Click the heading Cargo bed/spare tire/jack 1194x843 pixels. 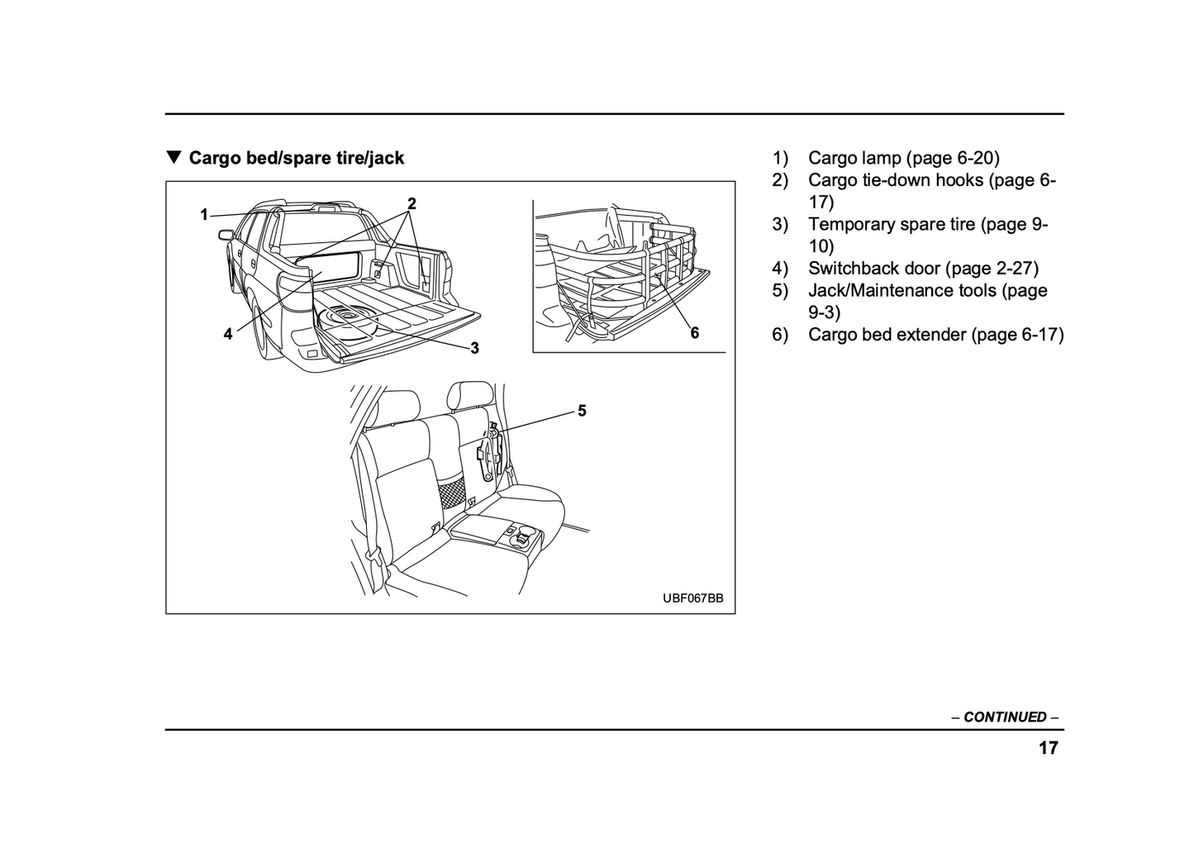pyautogui.click(x=296, y=158)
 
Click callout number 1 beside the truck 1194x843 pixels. pyautogui.click(x=204, y=215)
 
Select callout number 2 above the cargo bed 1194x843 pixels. pyautogui.click(x=411, y=203)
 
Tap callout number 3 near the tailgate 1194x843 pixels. pyautogui.click(x=474, y=349)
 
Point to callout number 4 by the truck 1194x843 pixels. pyautogui.click(x=228, y=334)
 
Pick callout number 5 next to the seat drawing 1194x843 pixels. pyautogui.click(x=582, y=411)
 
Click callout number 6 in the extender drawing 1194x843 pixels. pyautogui.click(x=694, y=332)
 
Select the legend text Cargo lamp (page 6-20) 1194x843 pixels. pyautogui.click(x=903, y=158)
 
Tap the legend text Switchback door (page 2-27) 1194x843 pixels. pyautogui.click(x=923, y=268)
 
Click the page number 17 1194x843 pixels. pyautogui.click(x=1048, y=749)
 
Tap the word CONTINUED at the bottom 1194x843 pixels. pyautogui.click(x=1005, y=717)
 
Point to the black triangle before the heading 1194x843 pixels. pyautogui.click(x=173, y=157)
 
